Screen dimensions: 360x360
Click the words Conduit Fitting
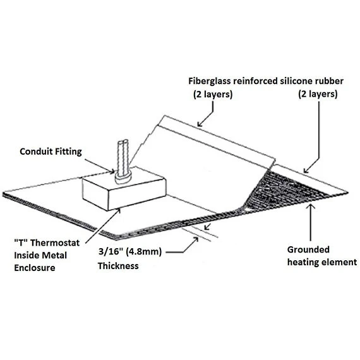coord(51,152)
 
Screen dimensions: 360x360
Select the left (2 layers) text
coord(213,94)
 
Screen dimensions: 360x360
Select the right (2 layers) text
coord(318,94)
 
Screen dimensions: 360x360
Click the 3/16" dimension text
coord(110,251)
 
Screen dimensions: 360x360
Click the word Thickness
coord(118,266)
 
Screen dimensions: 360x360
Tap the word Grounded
coord(308,249)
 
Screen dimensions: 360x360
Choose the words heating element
coord(322,262)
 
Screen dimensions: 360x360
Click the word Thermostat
coord(55,243)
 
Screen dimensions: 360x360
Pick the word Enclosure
coord(35,268)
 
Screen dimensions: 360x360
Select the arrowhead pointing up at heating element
coord(311,207)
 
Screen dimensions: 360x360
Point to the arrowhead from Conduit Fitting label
coord(112,172)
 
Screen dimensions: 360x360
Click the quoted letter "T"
coord(21,243)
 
